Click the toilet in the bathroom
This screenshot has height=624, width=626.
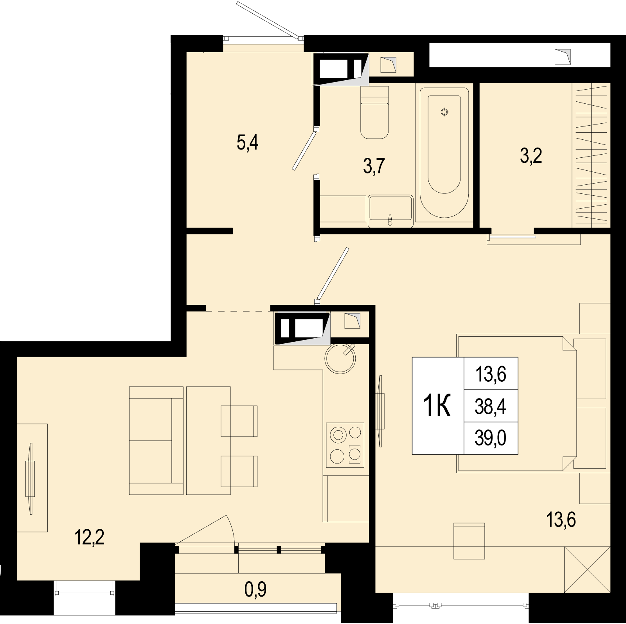click(374, 112)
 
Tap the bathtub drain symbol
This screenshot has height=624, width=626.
click(444, 112)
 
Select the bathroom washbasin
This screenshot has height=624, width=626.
click(390, 212)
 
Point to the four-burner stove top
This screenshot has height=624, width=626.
click(345, 445)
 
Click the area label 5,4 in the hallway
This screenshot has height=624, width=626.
click(247, 144)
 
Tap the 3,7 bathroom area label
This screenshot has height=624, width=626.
click(374, 167)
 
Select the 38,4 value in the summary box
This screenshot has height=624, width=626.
click(491, 407)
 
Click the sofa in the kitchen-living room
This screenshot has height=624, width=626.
click(156, 440)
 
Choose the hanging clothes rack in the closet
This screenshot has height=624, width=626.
click(591, 155)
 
